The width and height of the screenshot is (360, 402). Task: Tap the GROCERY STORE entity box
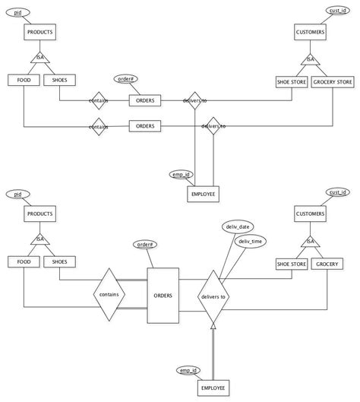pyautogui.click(x=332, y=81)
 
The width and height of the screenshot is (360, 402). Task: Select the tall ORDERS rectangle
pyautogui.click(x=162, y=295)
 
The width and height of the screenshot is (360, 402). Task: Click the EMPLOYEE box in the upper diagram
pyautogui.click(x=203, y=195)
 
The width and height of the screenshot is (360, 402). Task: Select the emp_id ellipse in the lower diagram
pyautogui.click(x=190, y=369)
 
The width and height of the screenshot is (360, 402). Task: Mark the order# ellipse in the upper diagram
pyautogui.click(x=128, y=78)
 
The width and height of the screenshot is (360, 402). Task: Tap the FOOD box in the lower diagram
pyautogui.click(x=23, y=262)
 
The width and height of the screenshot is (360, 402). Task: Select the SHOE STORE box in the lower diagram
pyautogui.click(x=291, y=263)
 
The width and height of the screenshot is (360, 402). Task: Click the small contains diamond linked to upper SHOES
pyautogui.click(x=98, y=100)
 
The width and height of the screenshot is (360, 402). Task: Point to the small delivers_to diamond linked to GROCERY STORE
pyautogui.click(x=212, y=125)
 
